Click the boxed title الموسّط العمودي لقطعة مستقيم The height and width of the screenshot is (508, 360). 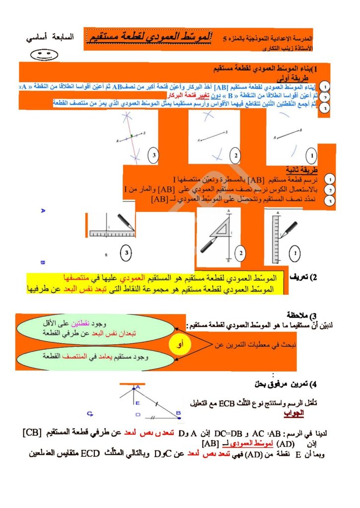point(149,36)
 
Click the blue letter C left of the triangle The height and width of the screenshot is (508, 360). point(90,413)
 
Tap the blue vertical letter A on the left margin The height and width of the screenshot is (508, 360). point(43,211)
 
